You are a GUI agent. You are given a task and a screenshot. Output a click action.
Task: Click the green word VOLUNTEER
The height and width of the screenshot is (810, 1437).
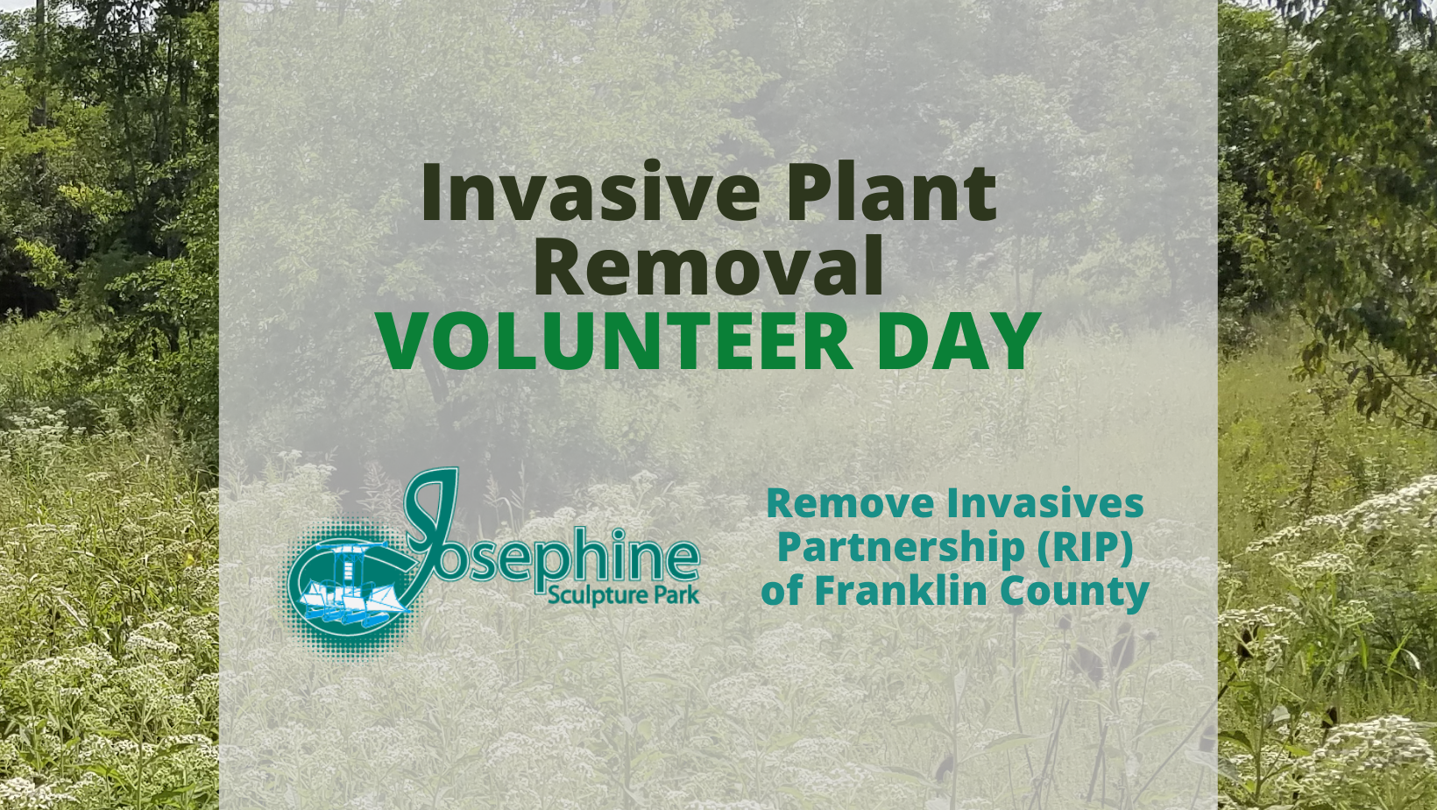coord(616,341)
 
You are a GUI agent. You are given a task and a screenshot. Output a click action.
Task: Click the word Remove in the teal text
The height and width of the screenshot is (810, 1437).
coord(850,504)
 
